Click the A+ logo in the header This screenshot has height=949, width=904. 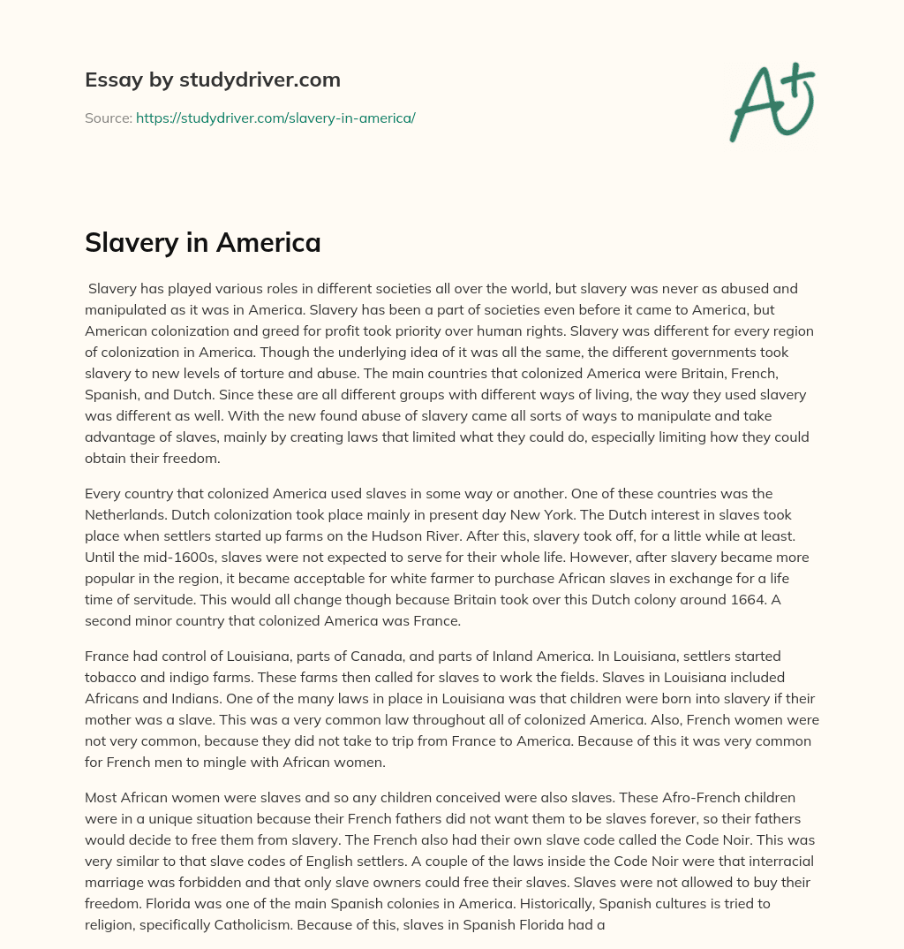tap(771, 102)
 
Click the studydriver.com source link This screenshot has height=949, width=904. tap(275, 118)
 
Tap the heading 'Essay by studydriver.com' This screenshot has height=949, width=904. tap(212, 80)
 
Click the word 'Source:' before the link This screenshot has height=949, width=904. tap(108, 118)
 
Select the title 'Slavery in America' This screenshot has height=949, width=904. tap(202, 241)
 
